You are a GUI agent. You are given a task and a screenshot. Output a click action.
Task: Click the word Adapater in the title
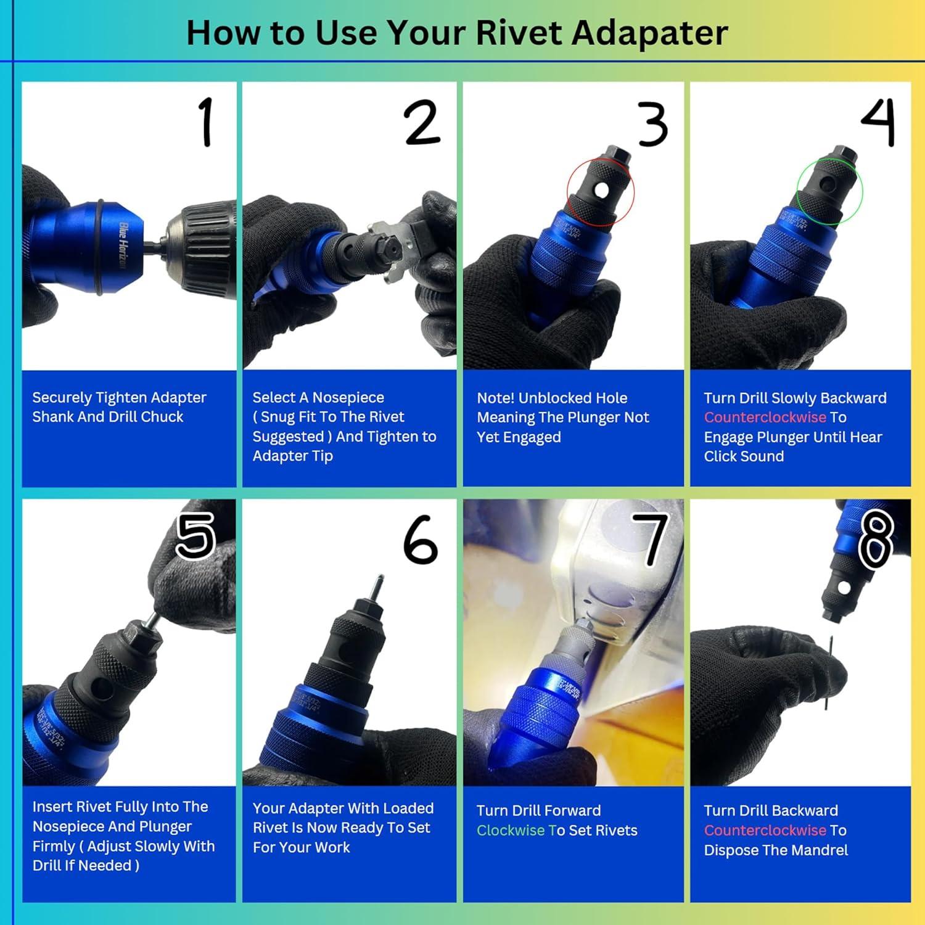pyautogui.click(x=649, y=33)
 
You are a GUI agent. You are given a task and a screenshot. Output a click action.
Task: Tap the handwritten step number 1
pyautogui.click(x=206, y=122)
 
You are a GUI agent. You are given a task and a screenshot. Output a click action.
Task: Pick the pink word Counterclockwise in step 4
pyautogui.click(x=765, y=417)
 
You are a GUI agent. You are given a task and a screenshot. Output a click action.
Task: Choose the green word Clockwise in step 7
pyautogui.click(x=511, y=831)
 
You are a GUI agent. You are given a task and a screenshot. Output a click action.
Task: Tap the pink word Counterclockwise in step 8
pyautogui.click(x=765, y=831)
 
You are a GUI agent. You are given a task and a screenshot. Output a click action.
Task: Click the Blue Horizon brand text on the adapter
pyautogui.click(x=123, y=245)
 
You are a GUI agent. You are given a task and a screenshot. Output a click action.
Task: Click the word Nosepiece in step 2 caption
pyautogui.click(x=348, y=398)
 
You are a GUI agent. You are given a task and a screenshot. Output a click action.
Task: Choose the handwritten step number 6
pyautogui.click(x=421, y=540)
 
